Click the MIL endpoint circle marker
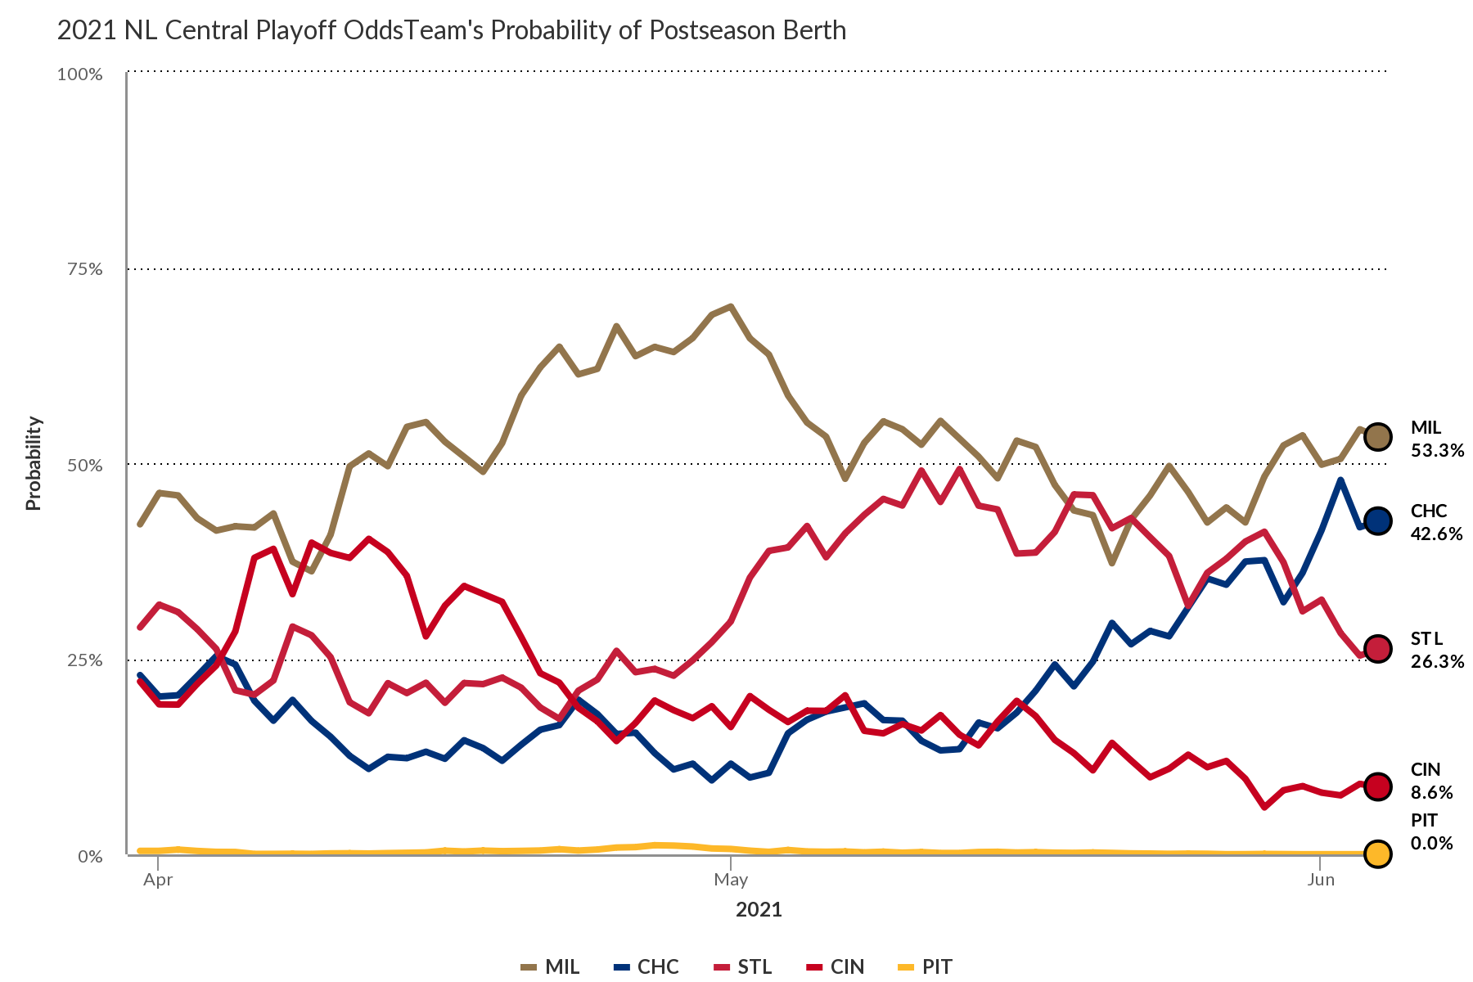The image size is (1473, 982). [x=1378, y=437]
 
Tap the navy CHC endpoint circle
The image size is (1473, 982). [x=1378, y=520]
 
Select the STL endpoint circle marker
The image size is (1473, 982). [x=1378, y=649]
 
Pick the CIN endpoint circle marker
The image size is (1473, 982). [x=1378, y=786]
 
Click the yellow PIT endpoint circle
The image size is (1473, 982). [x=1378, y=854]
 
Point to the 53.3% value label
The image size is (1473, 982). [x=1437, y=450]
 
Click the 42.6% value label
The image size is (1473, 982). [x=1436, y=534]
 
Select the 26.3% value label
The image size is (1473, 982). [x=1437, y=661]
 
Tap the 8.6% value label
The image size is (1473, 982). [x=1431, y=792]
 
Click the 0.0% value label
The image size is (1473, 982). [x=1431, y=843]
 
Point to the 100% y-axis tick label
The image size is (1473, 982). [x=79, y=74]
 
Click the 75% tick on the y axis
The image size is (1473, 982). [x=84, y=269]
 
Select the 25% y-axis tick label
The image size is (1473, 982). [x=84, y=660]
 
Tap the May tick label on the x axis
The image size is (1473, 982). [x=731, y=880]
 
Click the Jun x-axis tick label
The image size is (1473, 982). [x=1321, y=880]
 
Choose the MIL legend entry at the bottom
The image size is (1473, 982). [x=551, y=966]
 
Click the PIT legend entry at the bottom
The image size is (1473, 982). [x=926, y=966]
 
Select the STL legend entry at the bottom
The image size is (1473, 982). [x=742, y=966]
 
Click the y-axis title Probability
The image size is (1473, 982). [x=34, y=463]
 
